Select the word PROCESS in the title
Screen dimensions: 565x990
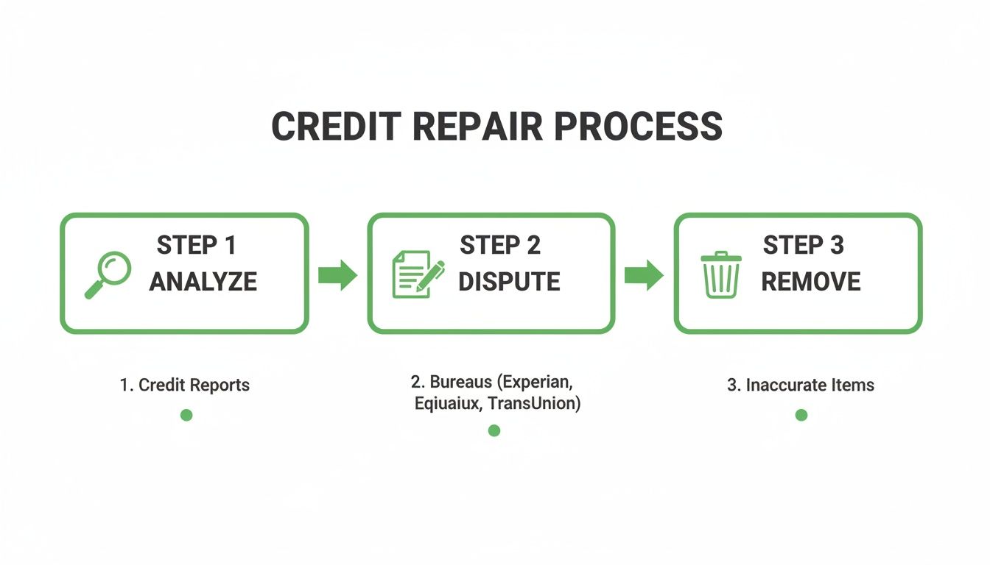tap(638, 127)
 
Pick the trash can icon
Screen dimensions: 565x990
tap(721, 274)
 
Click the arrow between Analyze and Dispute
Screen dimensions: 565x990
tap(337, 275)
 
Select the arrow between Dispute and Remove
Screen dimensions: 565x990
tap(644, 275)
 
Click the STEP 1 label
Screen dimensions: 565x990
tap(197, 246)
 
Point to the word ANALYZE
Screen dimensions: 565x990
tap(203, 282)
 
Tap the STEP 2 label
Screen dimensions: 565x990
tap(500, 246)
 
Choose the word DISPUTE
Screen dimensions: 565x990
tap(509, 282)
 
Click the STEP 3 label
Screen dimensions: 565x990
tap(803, 246)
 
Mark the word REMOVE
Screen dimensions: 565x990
tap(810, 282)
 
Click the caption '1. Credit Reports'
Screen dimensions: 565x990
tap(185, 385)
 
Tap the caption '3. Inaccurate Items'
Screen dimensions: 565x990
tap(801, 385)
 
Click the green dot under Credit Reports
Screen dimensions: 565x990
tap(186, 415)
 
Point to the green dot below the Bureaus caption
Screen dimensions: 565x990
tap(494, 430)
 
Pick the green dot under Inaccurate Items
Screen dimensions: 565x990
tap(801, 415)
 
